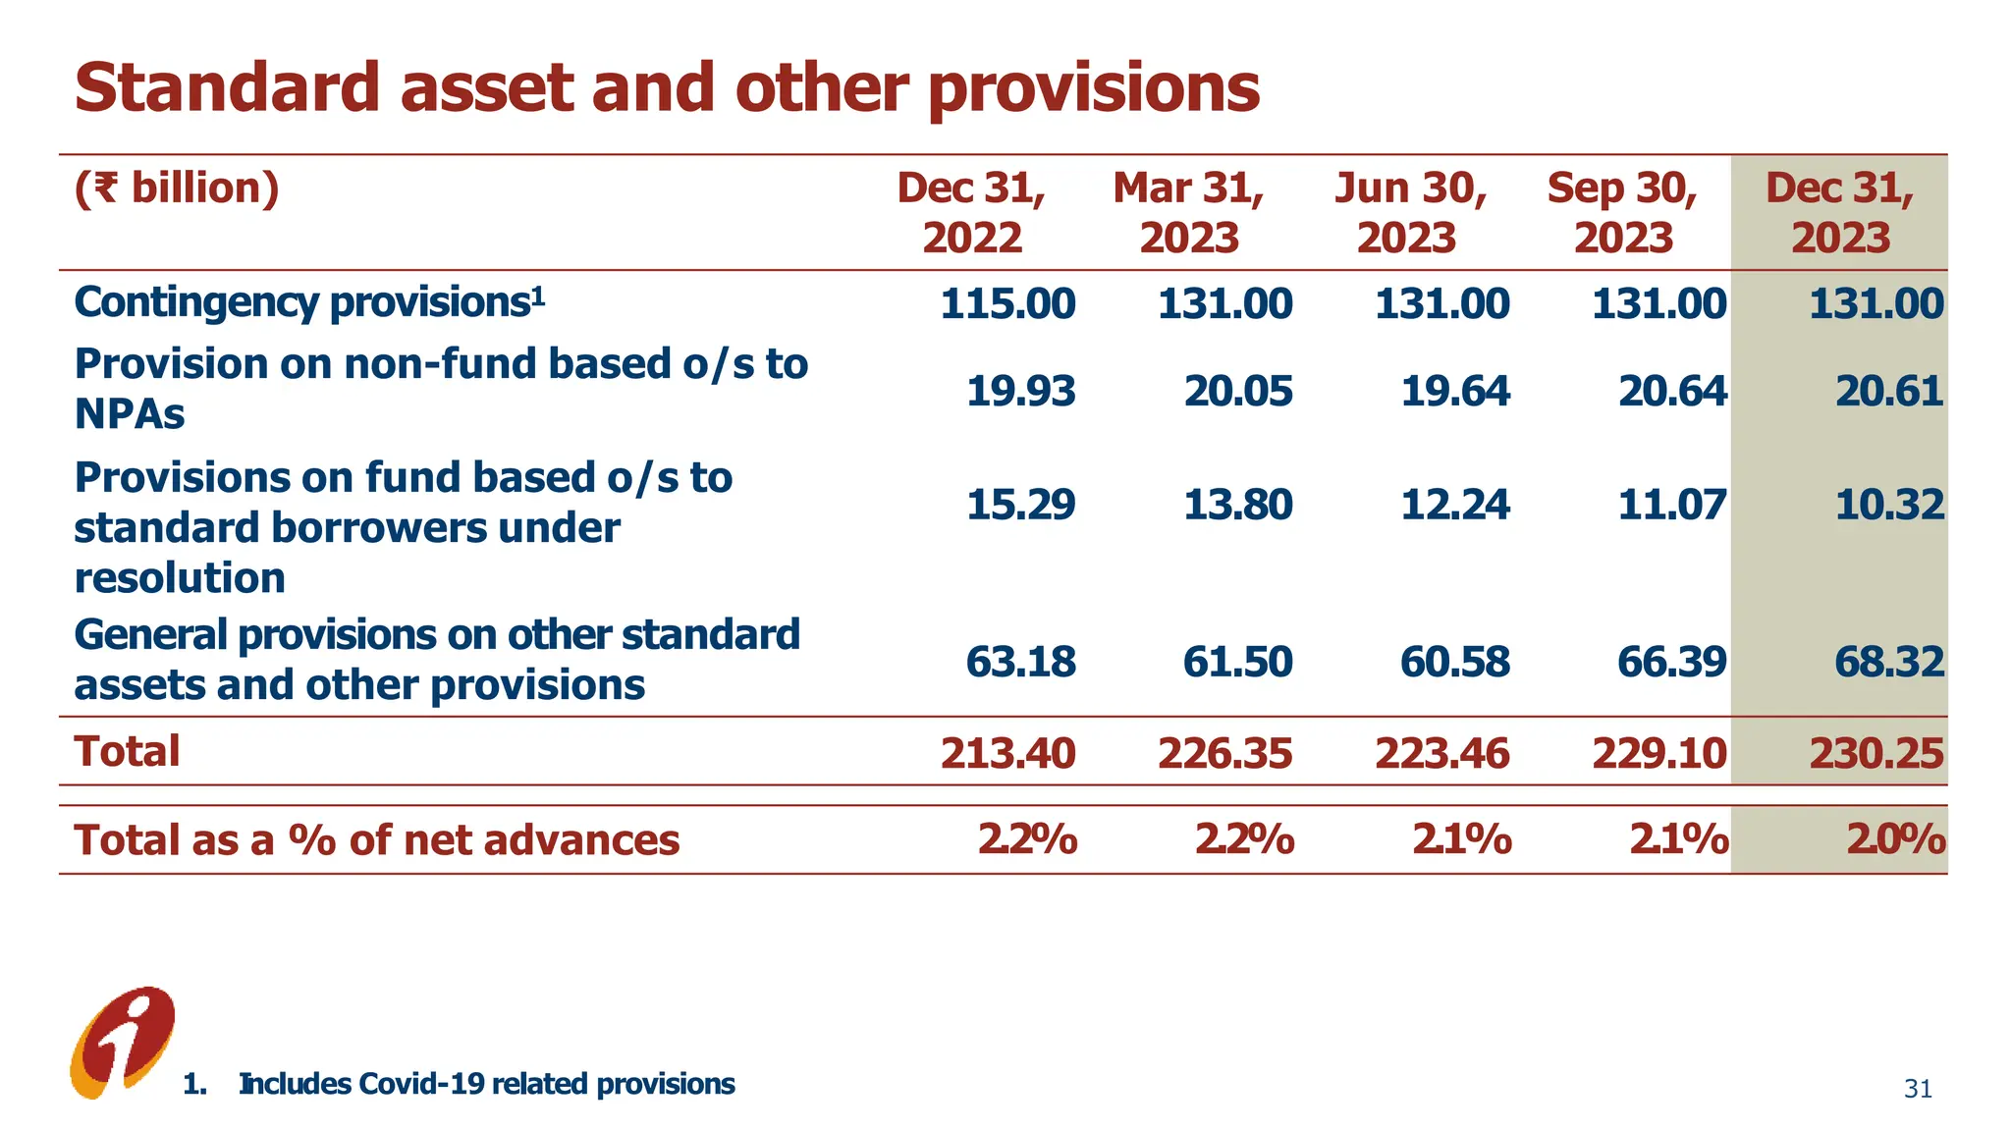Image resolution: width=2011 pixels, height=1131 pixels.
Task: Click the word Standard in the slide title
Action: point(227,88)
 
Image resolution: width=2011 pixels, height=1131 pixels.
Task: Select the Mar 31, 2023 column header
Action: point(1188,213)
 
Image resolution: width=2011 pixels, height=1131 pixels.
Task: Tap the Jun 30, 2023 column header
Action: point(1409,213)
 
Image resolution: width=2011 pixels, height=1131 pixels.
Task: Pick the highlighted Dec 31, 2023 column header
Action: point(1839,213)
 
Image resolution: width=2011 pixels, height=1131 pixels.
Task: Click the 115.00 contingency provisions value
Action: point(1007,303)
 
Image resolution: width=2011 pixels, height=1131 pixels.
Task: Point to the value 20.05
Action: point(1237,392)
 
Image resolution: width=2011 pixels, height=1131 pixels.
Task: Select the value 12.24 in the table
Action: point(1454,505)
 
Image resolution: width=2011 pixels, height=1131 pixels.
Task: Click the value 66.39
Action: point(1671,662)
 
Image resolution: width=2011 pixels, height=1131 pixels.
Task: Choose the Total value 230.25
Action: point(1875,753)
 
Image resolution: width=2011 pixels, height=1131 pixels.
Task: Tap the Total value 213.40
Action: point(1007,753)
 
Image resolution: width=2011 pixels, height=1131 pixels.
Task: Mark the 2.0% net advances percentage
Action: point(1895,840)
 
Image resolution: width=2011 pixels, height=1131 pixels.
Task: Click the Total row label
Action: point(128,752)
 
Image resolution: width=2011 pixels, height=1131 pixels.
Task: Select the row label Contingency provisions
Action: point(308,302)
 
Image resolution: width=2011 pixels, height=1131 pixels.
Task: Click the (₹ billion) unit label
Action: point(177,188)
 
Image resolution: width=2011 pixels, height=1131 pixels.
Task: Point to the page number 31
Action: point(1917,1089)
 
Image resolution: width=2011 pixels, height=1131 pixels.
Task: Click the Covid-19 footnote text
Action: point(486,1084)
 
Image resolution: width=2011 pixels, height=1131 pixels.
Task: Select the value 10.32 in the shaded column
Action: point(1889,505)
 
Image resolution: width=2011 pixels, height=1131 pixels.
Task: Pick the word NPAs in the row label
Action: point(130,414)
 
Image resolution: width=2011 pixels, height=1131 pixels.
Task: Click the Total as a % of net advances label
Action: point(377,840)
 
